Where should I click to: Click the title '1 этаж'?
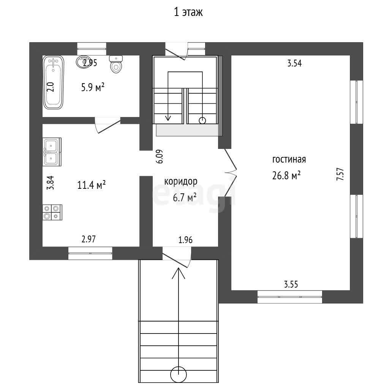coord(188,12)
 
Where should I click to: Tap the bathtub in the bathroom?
coord(53,82)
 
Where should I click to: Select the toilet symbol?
coord(116,64)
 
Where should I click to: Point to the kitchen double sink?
coord(52,152)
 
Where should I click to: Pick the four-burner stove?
coord(52,212)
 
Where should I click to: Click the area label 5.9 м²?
coord(93,87)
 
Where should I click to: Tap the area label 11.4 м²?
coord(92,185)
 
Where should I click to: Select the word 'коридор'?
coord(181,182)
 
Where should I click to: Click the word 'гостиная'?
coord(289,159)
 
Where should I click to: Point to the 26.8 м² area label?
coord(286,176)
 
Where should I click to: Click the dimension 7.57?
coord(340,174)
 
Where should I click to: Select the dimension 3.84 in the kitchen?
coord(51,183)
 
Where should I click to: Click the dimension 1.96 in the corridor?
coord(185,240)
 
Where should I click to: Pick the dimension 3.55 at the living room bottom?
coord(291,284)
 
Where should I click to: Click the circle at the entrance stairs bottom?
coord(179,374)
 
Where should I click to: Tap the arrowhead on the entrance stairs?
coord(179,273)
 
